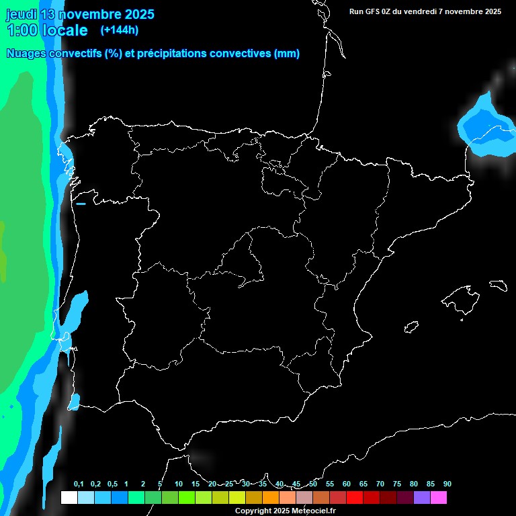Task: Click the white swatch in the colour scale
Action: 69,497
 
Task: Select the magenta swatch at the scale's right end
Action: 439,497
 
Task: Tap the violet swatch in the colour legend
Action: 422,497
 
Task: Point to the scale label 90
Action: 447,484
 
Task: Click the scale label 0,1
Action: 79,484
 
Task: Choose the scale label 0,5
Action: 112,484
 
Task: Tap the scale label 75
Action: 397,484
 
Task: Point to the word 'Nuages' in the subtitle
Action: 26,54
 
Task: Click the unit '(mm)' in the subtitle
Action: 287,54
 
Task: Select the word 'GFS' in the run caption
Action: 374,11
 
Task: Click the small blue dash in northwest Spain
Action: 81,204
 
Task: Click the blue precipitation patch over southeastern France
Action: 485,128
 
